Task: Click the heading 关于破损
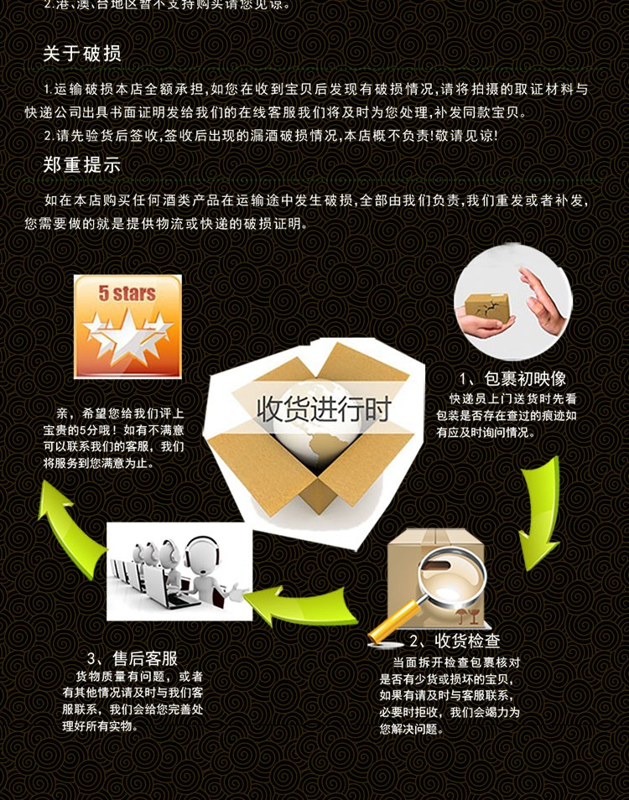tap(82, 54)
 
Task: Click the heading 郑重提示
tap(82, 165)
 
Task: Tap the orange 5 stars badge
tap(127, 326)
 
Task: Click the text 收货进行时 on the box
tap(324, 410)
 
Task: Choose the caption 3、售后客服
tap(133, 658)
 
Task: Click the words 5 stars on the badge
tap(127, 294)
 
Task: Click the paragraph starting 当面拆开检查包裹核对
tap(450, 695)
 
